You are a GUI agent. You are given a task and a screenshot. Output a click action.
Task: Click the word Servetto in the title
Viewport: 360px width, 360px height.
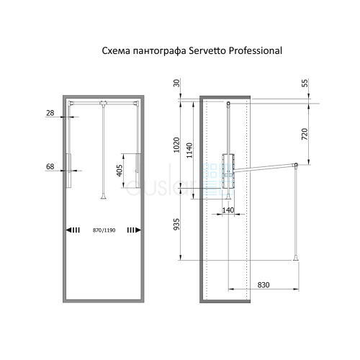pyautogui.click(x=207, y=50)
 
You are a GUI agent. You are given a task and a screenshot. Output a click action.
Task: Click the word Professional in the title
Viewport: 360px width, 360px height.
pyautogui.click(x=256, y=50)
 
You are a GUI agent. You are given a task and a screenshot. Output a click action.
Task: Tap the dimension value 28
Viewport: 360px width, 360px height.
pyautogui.click(x=50, y=113)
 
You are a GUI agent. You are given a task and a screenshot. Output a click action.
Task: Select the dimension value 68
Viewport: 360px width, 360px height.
pyautogui.click(x=50, y=166)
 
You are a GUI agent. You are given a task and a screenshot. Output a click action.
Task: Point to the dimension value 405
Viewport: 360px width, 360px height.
pyautogui.click(x=120, y=171)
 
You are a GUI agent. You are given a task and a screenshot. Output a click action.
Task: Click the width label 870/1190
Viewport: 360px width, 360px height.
pyautogui.click(x=104, y=230)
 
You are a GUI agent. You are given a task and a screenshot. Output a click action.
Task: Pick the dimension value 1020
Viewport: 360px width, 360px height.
pyautogui.click(x=176, y=145)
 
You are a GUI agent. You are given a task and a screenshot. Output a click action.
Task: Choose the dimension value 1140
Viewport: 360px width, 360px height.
pyautogui.click(x=189, y=150)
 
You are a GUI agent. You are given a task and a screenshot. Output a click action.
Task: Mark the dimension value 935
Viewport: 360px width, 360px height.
pyautogui.click(x=176, y=224)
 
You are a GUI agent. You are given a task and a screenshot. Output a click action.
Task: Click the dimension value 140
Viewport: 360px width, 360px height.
pyautogui.click(x=228, y=210)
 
